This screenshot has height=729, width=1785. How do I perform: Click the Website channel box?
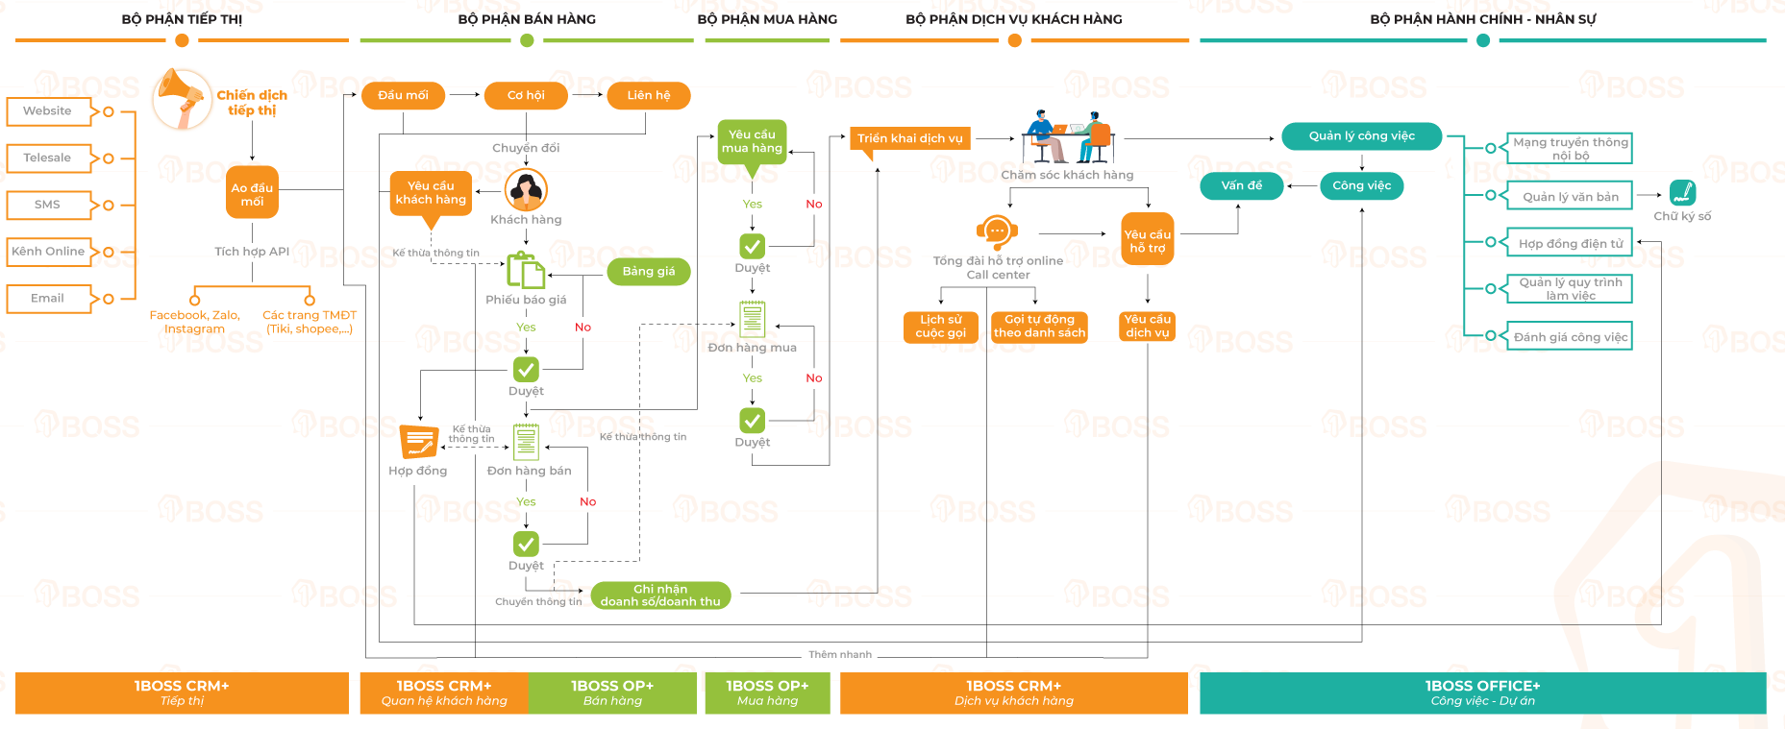[48, 111]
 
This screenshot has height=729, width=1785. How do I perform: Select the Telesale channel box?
[48, 158]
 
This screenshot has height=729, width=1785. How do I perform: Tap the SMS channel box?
[48, 205]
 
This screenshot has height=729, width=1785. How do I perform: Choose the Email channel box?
[48, 299]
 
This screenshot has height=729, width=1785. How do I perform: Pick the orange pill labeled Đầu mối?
[403, 96]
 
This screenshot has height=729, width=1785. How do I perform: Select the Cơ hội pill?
[526, 96]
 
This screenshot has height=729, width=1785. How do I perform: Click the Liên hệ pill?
[649, 96]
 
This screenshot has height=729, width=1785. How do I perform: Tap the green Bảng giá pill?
[649, 272]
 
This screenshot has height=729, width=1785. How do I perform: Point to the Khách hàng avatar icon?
[526, 190]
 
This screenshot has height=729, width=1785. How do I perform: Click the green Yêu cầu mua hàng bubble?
[752, 142]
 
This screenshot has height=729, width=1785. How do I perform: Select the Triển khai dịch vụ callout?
[909, 138]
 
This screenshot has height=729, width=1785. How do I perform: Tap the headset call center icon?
[997, 231]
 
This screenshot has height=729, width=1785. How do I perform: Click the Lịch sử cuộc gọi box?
[940, 327]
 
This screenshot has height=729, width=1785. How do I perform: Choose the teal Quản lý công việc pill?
[1361, 136]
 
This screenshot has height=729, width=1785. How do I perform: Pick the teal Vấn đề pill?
[1241, 186]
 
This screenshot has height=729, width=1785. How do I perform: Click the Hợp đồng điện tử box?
[1570, 244]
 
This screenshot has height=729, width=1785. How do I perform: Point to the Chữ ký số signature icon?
[1682, 193]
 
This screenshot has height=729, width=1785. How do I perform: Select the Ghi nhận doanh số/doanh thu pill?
[660, 595]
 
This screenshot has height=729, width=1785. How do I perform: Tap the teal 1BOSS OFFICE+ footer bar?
[1482, 693]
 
